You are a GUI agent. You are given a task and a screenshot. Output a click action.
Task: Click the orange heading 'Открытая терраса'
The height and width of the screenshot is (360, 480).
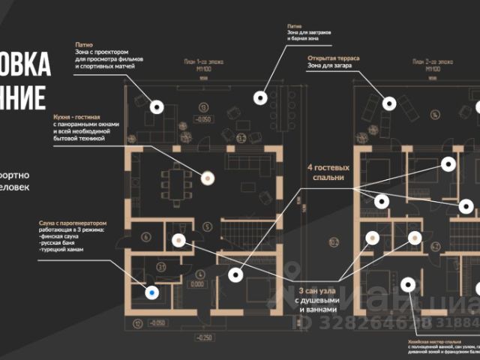tap(334, 58)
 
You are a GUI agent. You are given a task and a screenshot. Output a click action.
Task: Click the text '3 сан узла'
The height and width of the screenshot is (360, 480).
tap(319, 291)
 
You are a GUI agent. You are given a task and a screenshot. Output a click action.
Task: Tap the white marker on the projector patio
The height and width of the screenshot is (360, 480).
tap(157, 106)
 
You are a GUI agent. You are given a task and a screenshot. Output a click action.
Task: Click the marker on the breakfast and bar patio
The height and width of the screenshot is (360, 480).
tap(261, 97)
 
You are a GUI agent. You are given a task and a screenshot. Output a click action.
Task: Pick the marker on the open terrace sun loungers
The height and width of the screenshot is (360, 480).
tap(389, 102)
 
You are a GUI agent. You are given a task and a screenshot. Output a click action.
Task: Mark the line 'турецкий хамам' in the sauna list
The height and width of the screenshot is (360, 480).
tap(61, 249)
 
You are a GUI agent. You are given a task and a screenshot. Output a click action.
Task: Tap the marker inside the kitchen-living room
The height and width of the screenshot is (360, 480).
tap(208, 178)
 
